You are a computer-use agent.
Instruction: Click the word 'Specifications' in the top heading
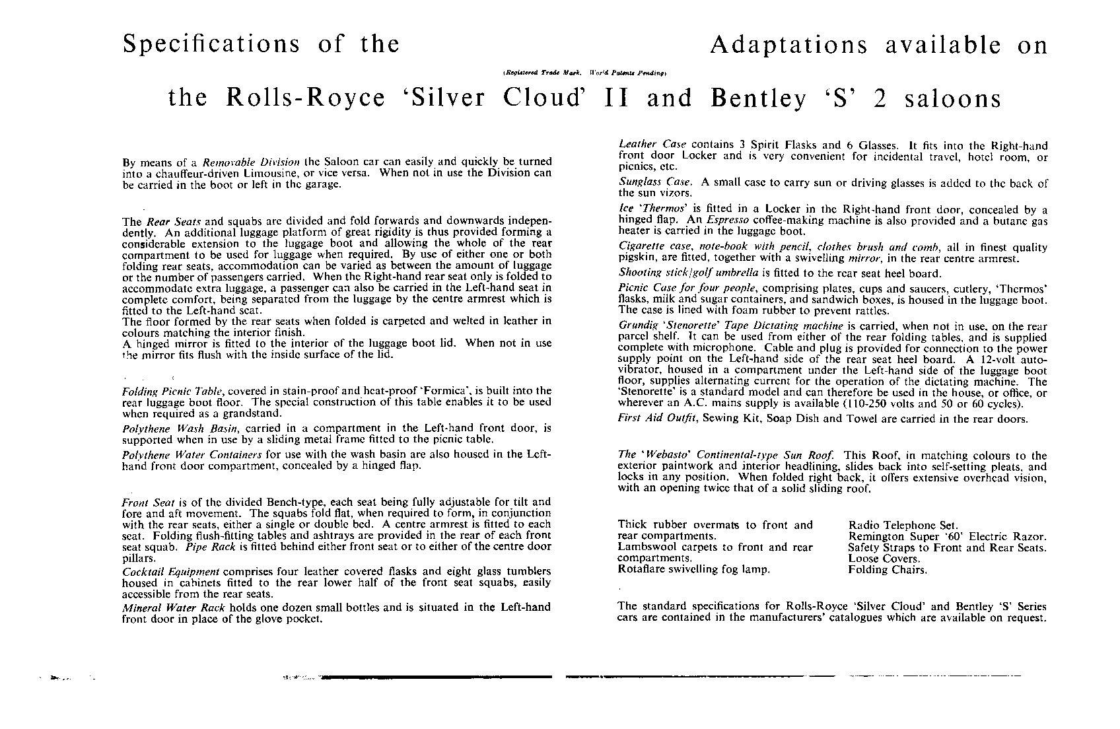click(211, 44)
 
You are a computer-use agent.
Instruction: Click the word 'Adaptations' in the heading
click(788, 45)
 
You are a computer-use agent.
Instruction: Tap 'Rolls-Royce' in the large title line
click(306, 98)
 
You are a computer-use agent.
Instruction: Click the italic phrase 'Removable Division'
click(251, 162)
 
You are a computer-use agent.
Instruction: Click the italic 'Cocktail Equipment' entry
click(170, 571)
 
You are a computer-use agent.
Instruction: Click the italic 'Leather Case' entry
click(652, 145)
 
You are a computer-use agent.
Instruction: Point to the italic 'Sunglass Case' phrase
click(654, 182)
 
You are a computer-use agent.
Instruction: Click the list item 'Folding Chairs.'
click(887, 570)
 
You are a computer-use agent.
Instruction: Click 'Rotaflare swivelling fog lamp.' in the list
click(693, 569)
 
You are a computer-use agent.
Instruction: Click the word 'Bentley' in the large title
click(759, 98)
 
